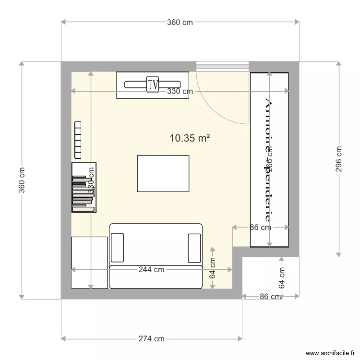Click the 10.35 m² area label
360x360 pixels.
point(190,138)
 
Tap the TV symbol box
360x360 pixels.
point(153,85)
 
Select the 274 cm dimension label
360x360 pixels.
point(151,338)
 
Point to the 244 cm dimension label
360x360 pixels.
point(151,270)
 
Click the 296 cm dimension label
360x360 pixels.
point(339,159)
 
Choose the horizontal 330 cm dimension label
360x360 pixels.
point(180,91)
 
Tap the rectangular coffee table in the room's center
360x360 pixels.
point(163,173)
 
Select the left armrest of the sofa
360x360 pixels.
point(117,248)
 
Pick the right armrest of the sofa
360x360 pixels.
point(194,248)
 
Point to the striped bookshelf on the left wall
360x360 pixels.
point(84,188)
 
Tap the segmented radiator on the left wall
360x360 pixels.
point(78,139)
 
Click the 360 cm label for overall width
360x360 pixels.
point(180,22)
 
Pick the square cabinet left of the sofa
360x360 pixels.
point(89,263)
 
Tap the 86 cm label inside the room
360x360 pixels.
point(260,228)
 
